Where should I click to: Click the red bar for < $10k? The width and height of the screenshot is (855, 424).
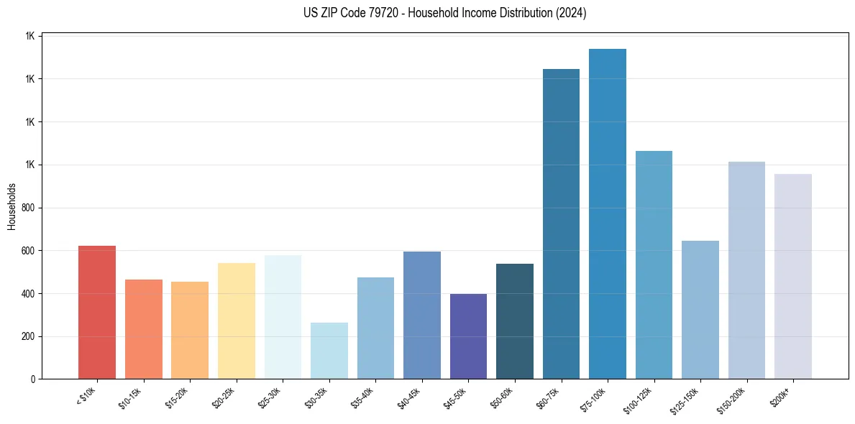pos(97,313)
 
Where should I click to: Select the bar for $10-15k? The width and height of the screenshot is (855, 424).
pos(144,329)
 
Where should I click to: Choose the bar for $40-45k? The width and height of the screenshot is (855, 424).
pos(422,315)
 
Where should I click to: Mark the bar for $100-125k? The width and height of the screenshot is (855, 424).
pos(654,265)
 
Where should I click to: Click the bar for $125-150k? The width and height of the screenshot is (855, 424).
pos(700,310)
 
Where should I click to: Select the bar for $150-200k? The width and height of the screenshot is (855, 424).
pos(746,270)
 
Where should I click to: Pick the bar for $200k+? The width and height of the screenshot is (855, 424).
pos(793,277)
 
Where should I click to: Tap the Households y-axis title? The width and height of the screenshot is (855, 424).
pos(12,207)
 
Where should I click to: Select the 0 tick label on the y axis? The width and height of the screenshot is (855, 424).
pos(33,379)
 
